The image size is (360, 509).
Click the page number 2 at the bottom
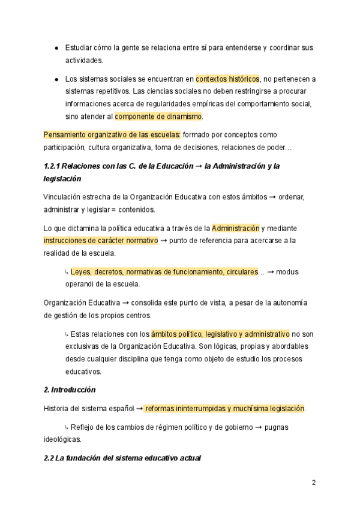[x=313, y=482]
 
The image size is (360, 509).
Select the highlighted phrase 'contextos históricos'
[x=227, y=79]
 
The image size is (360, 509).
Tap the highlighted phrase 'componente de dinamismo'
[x=158, y=116]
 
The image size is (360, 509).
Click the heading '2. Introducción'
[x=70, y=390]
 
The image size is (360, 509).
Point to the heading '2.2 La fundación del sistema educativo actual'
[x=122, y=458]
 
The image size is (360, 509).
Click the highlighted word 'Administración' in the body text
[x=235, y=228]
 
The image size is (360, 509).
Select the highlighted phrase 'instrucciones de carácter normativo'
[x=101, y=241]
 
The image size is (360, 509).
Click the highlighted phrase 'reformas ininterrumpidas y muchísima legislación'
[x=224, y=409]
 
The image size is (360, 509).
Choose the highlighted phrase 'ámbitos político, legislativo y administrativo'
[x=220, y=334]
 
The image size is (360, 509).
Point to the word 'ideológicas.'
[x=63, y=439]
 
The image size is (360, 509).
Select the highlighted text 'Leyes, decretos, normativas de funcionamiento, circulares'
[x=164, y=272]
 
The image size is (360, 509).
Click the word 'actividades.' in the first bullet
[x=84, y=60]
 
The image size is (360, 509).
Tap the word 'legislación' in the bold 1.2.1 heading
[x=62, y=179]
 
